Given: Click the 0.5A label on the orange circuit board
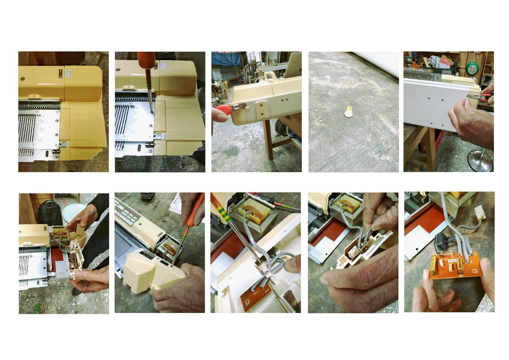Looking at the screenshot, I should point(452,261).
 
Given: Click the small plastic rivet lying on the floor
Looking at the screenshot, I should point(349,112).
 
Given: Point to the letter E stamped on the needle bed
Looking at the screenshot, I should point(41,140).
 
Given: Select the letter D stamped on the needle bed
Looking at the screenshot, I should point(42,129).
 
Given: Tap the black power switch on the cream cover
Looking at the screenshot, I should point(60,73).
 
